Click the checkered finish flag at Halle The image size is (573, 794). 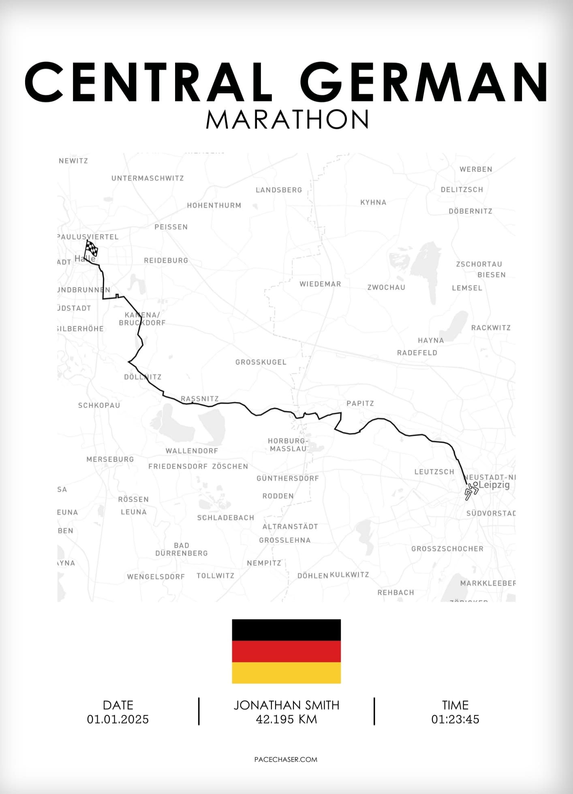click(92, 248)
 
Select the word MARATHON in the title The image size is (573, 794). click(287, 119)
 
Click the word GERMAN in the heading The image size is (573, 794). click(424, 82)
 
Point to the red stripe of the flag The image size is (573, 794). click(286, 651)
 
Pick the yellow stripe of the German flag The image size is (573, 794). click(286, 673)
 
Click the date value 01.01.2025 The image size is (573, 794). click(118, 719)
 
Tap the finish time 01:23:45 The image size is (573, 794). click(455, 719)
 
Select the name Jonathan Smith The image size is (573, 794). click(286, 705)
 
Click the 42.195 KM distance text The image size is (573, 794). click(286, 719)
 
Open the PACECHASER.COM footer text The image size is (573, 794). click(286, 760)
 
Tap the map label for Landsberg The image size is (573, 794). click(279, 190)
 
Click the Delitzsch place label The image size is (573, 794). click(462, 189)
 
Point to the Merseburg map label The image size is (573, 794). click(110, 459)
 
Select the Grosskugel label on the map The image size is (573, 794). click(261, 362)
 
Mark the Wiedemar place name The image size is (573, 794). click(320, 284)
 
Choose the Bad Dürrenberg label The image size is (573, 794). click(182, 549)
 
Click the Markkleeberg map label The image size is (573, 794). click(488, 583)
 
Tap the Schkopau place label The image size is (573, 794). click(99, 405)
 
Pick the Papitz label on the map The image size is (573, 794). click(360, 403)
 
